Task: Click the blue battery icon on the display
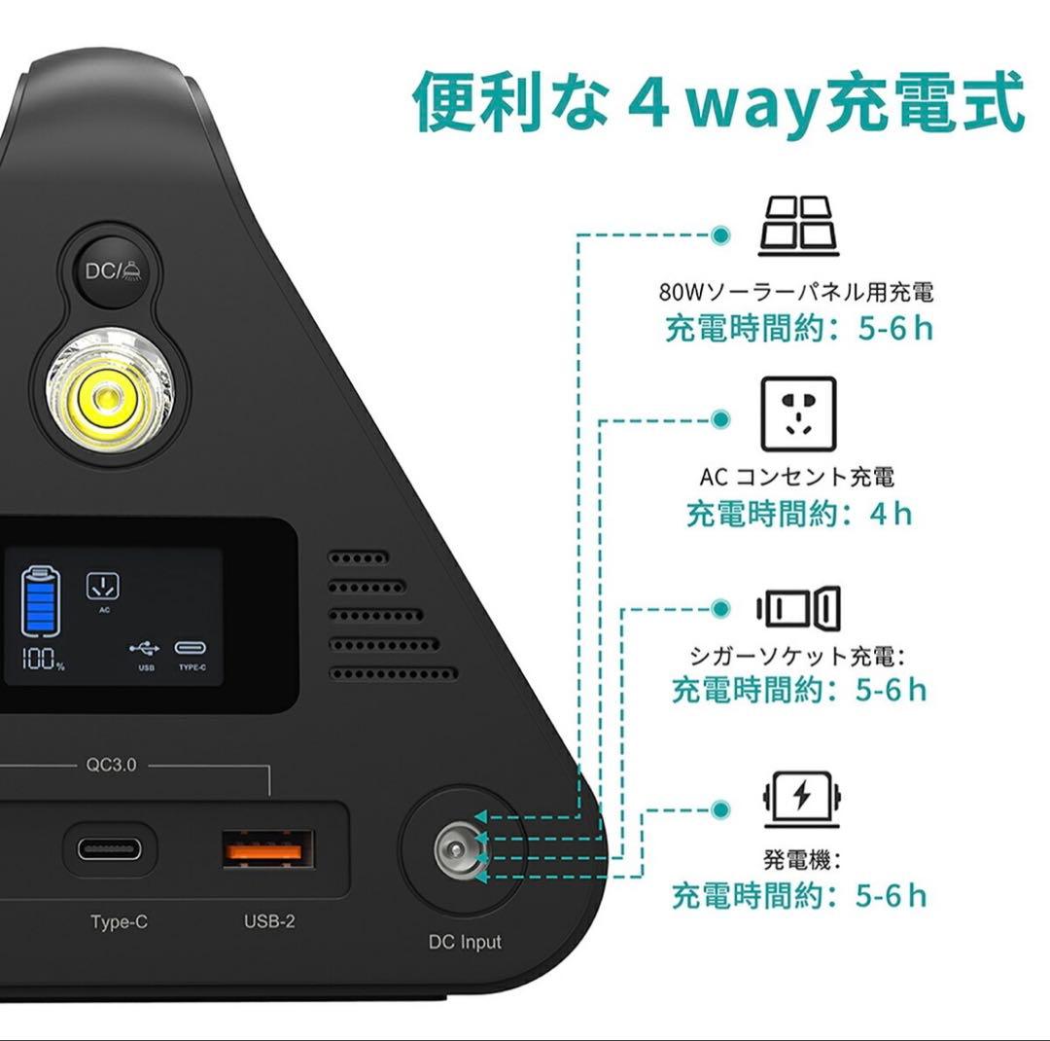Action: tap(41, 603)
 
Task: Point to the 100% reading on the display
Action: tap(44, 660)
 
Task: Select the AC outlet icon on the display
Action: tap(103, 587)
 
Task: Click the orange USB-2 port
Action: tap(267, 848)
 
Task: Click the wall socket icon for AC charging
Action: tap(798, 413)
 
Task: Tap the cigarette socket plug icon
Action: tap(798, 609)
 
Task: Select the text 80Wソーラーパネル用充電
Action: tap(796, 292)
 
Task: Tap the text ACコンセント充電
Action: tap(796, 477)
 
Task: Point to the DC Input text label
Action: tap(465, 942)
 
